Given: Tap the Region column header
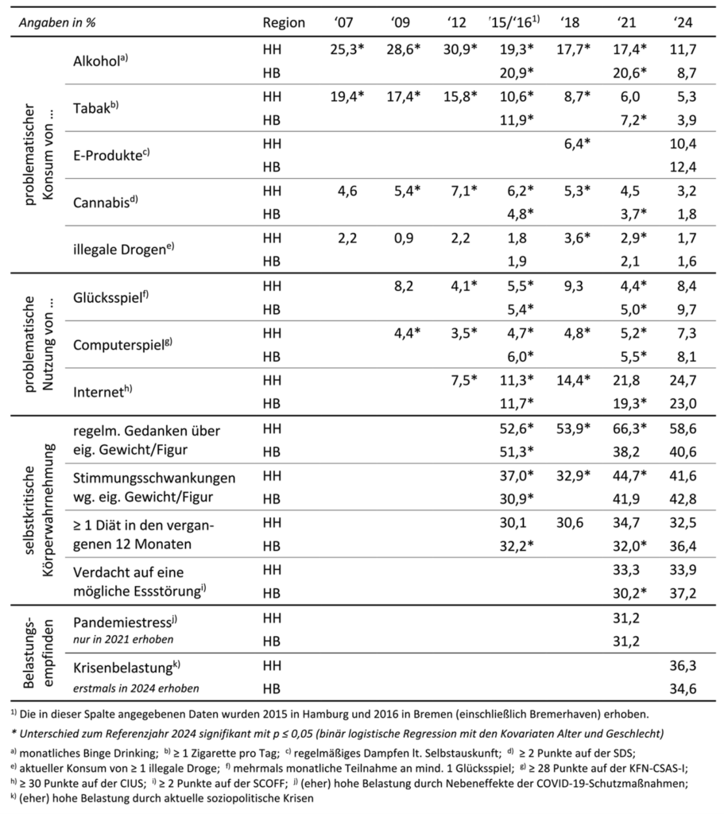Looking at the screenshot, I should point(284,23).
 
